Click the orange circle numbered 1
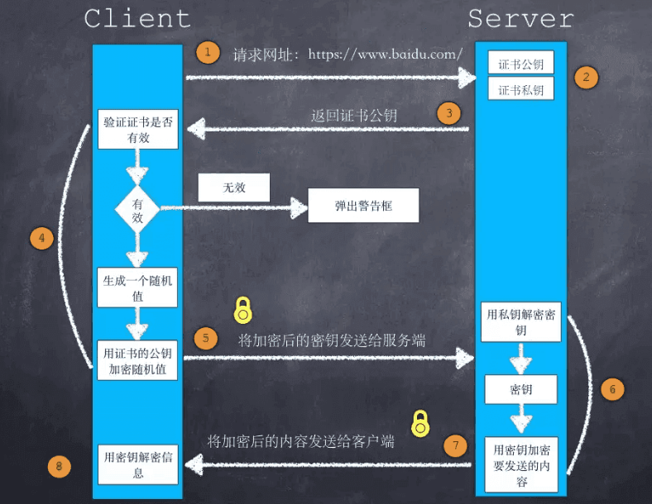point(208,53)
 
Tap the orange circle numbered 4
point(41,239)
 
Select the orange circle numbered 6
point(612,388)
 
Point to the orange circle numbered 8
point(58,467)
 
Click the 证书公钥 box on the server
point(520,64)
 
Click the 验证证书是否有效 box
point(138,130)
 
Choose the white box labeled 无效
point(234,188)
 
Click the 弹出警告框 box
point(363,206)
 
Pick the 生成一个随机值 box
point(138,287)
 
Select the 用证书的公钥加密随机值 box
point(138,360)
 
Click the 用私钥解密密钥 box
point(520,322)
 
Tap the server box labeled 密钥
point(520,389)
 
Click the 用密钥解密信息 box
point(138,464)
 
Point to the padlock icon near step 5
point(242,310)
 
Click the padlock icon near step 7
point(421,423)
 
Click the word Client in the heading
point(137,18)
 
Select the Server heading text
point(520,18)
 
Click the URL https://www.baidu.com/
point(385,55)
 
